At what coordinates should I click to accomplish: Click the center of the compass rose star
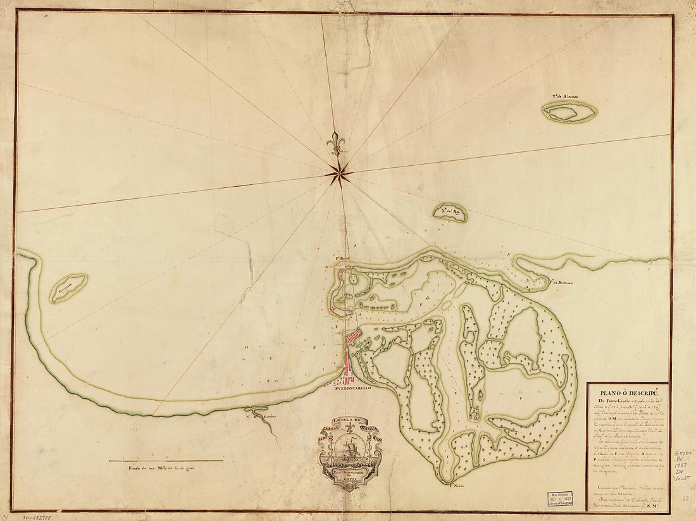click(340, 172)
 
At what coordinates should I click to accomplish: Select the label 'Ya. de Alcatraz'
click(568, 97)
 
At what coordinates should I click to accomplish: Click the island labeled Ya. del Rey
click(451, 213)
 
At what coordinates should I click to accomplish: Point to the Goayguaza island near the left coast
click(68, 288)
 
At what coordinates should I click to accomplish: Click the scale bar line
click(166, 460)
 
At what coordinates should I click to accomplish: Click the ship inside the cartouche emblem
click(351, 449)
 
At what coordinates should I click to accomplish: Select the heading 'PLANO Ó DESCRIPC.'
click(626, 391)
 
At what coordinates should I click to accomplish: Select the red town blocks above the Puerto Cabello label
click(343, 379)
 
